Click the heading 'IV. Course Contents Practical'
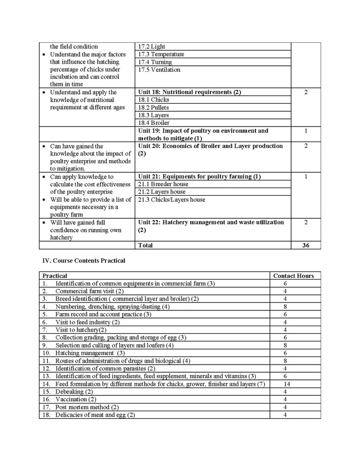click(83, 260)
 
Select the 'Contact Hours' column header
click(293, 276)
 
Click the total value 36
click(306, 246)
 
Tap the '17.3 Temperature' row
click(161, 54)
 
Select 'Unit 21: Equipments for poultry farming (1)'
click(199, 177)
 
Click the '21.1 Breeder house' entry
click(163, 184)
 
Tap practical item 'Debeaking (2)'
click(74, 392)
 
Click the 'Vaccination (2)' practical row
click(76, 400)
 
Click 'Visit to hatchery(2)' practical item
click(81, 330)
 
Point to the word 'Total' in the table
click(145, 246)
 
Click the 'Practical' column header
click(55, 276)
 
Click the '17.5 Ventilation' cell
click(159, 70)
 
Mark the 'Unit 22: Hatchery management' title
click(211, 223)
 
